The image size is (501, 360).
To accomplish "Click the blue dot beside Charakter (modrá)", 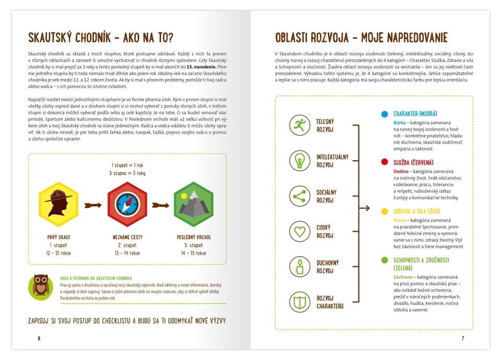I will (384, 114).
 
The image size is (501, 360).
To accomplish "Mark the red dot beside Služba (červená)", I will (384, 162).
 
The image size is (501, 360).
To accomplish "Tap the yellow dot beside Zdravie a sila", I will (384, 211).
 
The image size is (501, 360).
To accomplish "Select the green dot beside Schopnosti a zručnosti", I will (384, 260).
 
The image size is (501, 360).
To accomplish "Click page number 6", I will (39, 338).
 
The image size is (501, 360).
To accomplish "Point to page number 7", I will (462, 338).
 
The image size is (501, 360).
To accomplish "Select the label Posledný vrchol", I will (194, 237).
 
